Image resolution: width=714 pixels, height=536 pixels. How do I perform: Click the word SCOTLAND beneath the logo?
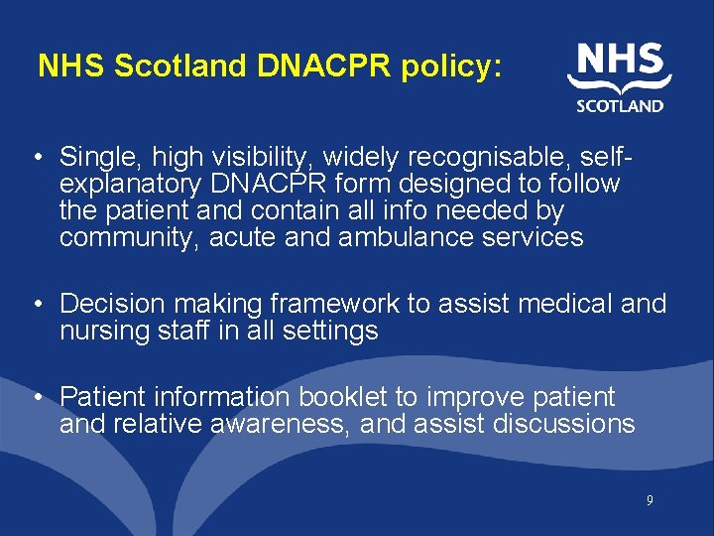point(621,106)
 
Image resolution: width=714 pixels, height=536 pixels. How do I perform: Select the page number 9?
point(650,501)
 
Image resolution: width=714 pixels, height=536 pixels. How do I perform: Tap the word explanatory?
point(135,184)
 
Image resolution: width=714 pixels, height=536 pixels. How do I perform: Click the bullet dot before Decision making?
point(36,305)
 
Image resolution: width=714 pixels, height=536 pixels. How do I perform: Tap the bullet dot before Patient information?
point(36,398)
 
